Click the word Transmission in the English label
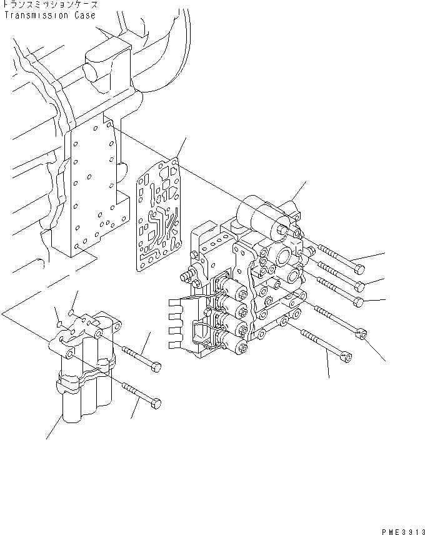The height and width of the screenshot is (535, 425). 38,16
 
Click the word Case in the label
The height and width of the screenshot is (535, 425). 86,16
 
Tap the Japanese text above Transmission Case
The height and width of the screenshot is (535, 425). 50,6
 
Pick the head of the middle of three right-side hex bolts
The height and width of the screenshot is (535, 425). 360,286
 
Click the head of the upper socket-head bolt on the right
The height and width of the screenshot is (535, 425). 359,302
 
